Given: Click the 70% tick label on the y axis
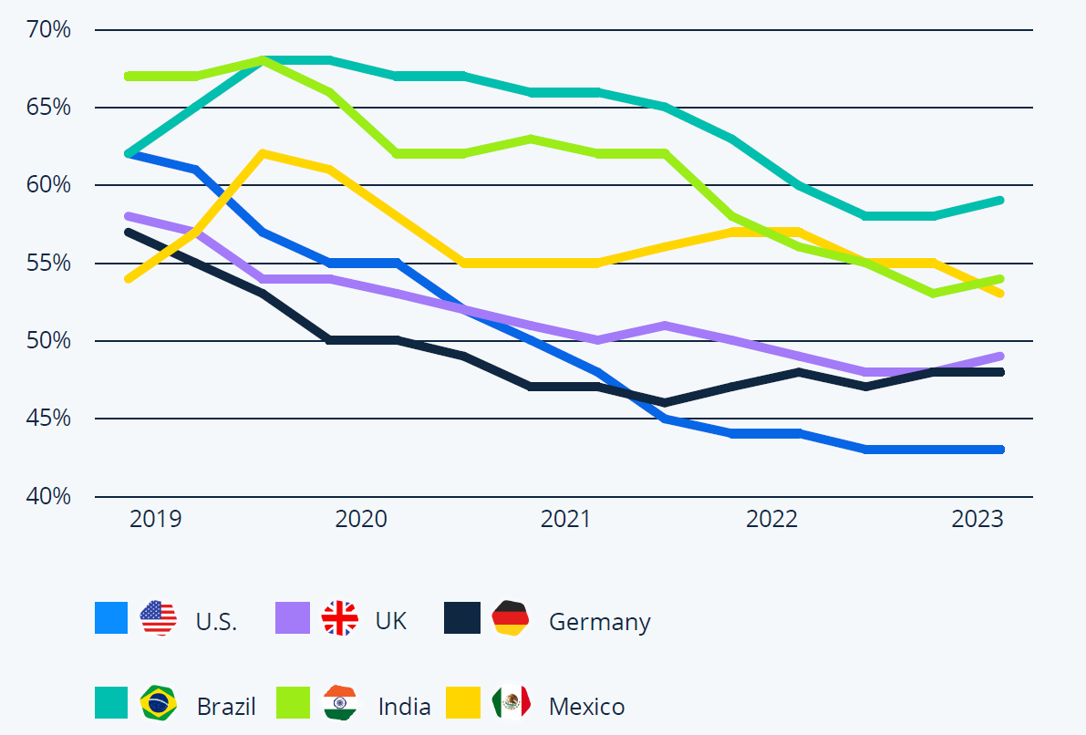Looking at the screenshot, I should coord(49,30).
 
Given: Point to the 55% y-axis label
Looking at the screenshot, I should coord(49,264).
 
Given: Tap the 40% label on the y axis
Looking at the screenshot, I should coord(49,497).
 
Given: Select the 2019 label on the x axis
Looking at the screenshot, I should coord(156,520).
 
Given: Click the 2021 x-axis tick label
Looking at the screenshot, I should coord(566,520).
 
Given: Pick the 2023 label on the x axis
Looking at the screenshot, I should coord(977,520).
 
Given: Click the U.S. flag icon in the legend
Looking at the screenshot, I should coord(158,618).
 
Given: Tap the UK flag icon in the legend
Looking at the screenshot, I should coord(339,618).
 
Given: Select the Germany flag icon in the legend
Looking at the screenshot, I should coord(511,618).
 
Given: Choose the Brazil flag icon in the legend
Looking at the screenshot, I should coord(158,702).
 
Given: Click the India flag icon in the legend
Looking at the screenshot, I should coord(339,702).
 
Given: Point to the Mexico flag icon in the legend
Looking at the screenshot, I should coord(511,702).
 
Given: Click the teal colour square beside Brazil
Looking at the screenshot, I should coord(111,702).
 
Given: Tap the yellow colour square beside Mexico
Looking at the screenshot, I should coord(462,702).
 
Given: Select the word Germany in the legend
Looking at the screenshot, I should coord(599,622).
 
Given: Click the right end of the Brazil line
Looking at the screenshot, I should coord(1000,200).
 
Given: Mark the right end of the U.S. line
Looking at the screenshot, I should coord(1000,450).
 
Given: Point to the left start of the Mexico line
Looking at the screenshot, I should coord(128,278).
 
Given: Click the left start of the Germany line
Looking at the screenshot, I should coord(128,232).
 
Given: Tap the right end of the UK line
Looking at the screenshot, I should coord(1000,356).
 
